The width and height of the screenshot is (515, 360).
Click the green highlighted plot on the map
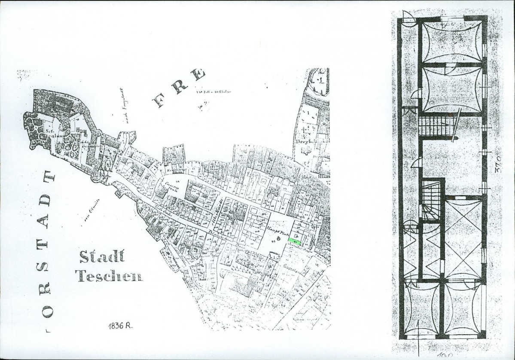(294, 241)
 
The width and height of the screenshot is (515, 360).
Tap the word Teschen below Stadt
(109, 275)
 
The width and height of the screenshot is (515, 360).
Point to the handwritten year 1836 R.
(120, 326)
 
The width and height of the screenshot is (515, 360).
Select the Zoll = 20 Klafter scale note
(210, 92)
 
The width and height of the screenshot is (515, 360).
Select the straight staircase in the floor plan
(436, 125)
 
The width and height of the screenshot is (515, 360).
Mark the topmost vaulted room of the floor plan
(452, 41)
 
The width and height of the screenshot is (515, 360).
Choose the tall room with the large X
(463, 238)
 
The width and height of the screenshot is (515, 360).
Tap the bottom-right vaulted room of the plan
(463, 308)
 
